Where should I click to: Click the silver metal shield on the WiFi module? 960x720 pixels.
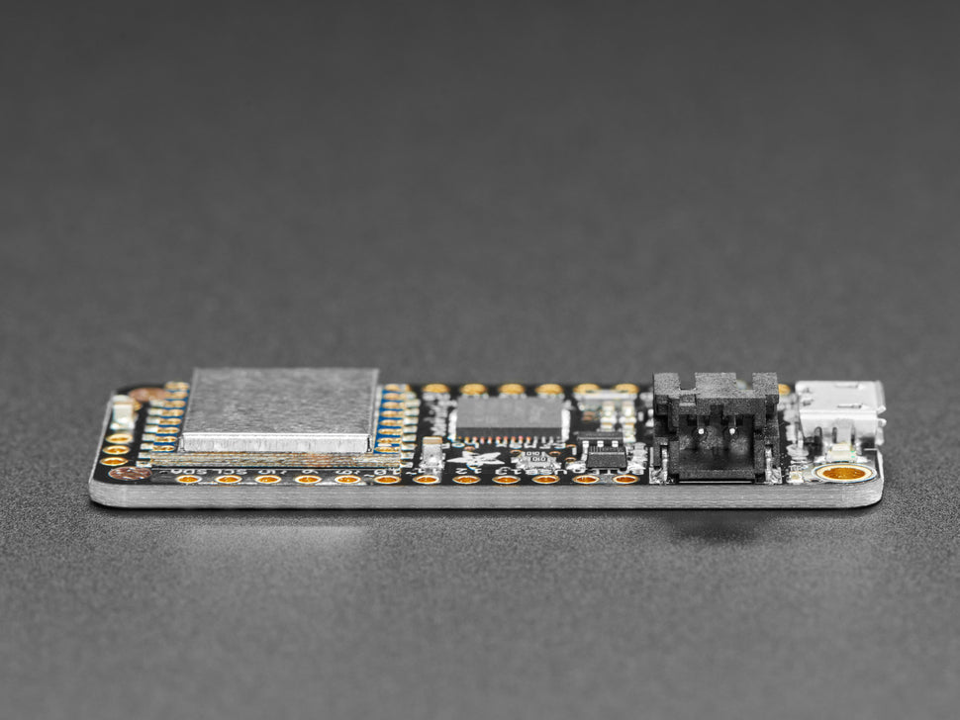pos(280,407)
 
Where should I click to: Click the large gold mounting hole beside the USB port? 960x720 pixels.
pos(844,473)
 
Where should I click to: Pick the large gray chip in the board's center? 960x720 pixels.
pos(509,415)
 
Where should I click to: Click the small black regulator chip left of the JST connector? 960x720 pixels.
pos(605,457)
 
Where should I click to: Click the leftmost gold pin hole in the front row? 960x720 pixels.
pos(189,479)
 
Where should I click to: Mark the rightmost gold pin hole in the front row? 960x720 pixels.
pos(624,479)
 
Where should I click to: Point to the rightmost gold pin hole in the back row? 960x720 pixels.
pos(625,389)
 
